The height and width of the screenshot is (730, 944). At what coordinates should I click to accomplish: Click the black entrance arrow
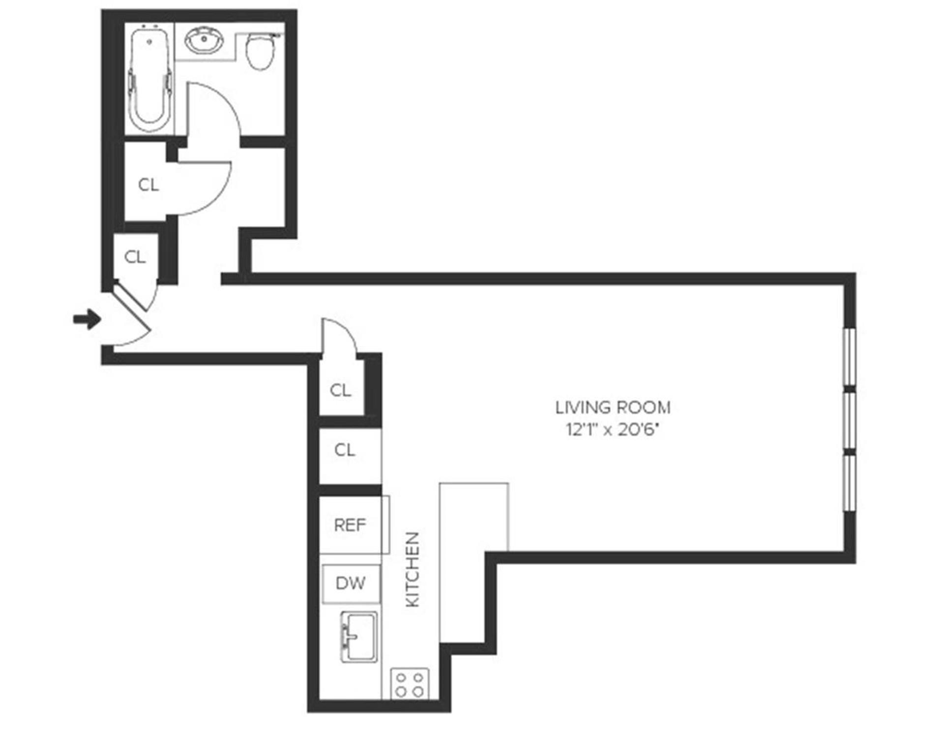(x=87, y=319)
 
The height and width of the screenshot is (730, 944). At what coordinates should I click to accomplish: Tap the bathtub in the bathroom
(x=149, y=79)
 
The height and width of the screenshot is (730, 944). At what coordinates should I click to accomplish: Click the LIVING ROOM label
(x=613, y=407)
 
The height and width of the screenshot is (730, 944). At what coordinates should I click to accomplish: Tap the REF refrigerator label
(x=350, y=525)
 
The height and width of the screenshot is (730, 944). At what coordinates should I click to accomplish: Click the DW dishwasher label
(x=350, y=583)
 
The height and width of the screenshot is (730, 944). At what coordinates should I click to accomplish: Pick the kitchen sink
(x=359, y=636)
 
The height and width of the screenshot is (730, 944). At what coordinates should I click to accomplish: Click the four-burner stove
(x=410, y=684)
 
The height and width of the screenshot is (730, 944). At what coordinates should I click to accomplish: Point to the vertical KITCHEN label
(x=413, y=569)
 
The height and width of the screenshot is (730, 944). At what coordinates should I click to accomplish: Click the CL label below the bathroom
(x=148, y=185)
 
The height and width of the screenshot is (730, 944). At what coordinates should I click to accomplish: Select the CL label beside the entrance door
(x=135, y=257)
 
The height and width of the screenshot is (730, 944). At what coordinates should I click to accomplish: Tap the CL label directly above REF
(x=344, y=449)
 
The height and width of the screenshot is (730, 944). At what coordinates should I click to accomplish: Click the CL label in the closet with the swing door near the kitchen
(x=341, y=391)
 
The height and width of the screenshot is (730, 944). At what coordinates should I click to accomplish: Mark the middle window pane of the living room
(x=849, y=421)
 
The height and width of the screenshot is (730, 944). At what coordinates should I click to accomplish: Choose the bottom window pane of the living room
(x=849, y=484)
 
